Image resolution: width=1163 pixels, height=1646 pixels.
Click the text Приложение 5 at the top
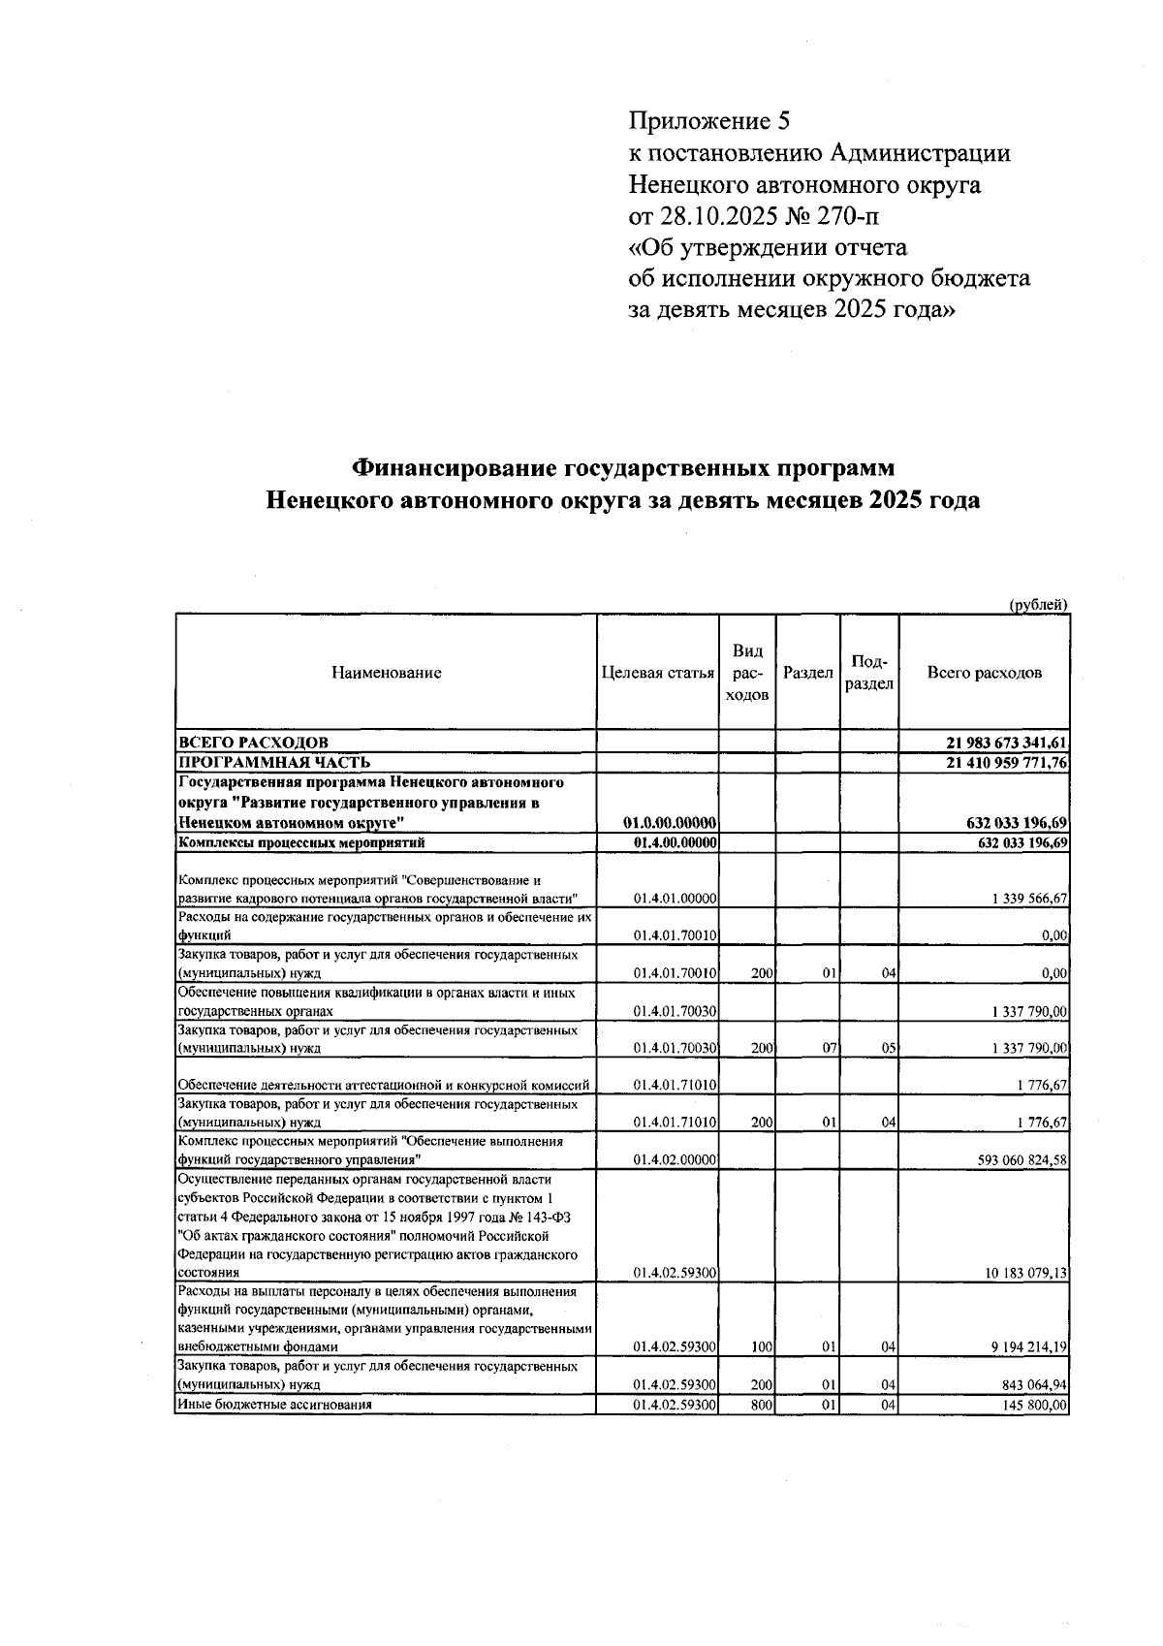point(709,121)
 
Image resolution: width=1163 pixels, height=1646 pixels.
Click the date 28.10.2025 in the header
point(723,215)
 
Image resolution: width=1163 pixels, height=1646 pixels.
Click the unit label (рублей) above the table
point(1038,605)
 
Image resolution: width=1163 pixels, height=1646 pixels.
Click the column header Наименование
point(386,673)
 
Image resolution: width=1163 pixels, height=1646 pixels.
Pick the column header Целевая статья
point(657,673)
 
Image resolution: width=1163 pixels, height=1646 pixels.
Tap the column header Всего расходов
point(984,673)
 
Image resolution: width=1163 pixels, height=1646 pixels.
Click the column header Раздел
point(807,673)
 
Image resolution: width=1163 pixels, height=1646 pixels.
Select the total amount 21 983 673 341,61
point(1006,744)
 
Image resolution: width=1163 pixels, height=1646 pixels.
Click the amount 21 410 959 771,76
point(1006,762)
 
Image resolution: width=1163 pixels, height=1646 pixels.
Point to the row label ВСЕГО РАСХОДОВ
point(252,744)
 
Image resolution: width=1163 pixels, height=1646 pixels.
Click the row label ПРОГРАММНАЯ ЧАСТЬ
point(273,762)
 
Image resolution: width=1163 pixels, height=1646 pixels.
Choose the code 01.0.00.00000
point(675,823)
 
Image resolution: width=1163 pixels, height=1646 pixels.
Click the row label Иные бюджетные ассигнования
point(274,1405)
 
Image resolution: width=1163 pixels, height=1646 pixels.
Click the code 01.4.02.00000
point(675,1160)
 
